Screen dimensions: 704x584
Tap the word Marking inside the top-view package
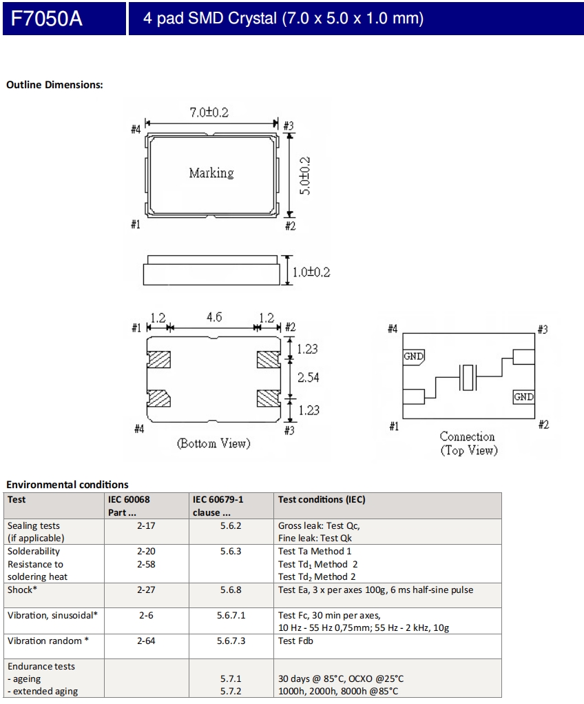[x=211, y=173]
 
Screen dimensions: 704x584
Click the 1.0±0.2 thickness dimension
[x=310, y=272]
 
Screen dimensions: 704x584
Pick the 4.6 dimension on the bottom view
[x=214, y=318]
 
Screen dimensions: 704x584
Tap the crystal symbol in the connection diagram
[x=468, y=377]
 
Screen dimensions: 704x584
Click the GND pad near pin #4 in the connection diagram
[x=413, y=356]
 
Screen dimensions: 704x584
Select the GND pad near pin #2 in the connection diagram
[x=523, y=397]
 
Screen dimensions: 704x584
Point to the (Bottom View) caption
[x=213, y=443]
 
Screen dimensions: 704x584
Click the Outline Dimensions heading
[x=54, y=85]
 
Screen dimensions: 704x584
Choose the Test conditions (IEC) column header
[x=322, y=499]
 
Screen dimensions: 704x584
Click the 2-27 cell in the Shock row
[x=146, y=590]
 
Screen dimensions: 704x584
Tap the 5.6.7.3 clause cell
[x=232, y=641]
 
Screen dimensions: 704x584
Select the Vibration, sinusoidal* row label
[x=52, y=615]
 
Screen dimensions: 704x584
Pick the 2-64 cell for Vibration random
[x=146, y=641]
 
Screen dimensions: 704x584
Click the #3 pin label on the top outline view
[x=289, y=125]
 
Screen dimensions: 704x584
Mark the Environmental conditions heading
[x=67, y=485]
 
